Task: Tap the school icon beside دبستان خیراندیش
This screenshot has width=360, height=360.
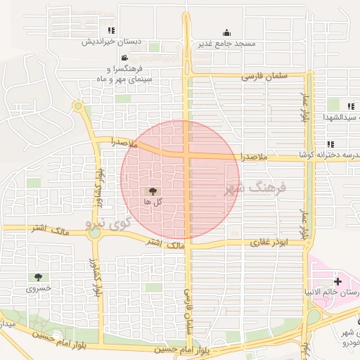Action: click(x=111, y=31)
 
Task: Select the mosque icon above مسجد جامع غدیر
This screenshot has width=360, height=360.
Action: click(x=226, y=32)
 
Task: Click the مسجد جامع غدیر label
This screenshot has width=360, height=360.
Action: click(x=225, y=44)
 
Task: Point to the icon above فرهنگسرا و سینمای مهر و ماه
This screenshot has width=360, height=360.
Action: click(x=124, y=58)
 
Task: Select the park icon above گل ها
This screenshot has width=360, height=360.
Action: click(x=153, y=191)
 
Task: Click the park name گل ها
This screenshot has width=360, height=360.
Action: click(x=153, y=202)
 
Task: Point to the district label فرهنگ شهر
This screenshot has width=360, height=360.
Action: click(x=256, y=188)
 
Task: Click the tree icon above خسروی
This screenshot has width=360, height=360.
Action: click(x=39, y=278)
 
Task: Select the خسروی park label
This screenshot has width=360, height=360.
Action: click(x=39, y=289)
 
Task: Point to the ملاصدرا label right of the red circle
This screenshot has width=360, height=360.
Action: click(x=254, y=157)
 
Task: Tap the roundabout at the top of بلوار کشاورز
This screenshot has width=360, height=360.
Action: click(x=78, y=107)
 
